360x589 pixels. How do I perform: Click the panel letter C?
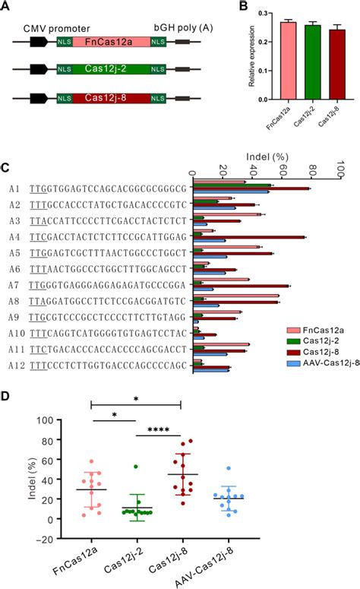coord(6,167)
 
